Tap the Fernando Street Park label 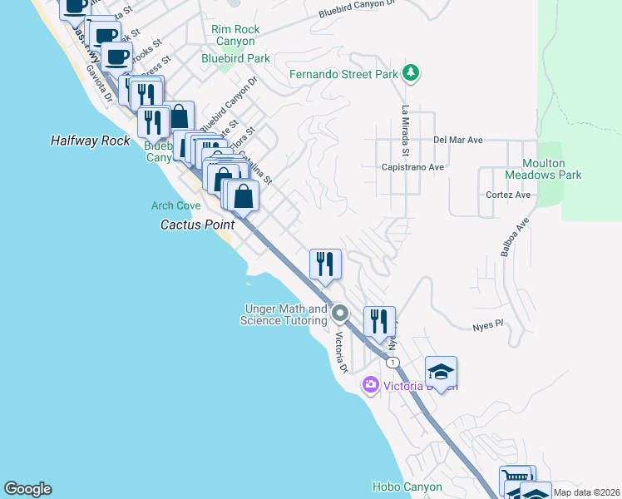tap(344, 74)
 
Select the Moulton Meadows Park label tap(543, 169)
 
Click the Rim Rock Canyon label tap(236, 35)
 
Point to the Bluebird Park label tap(236, 59)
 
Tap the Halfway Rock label tap(91, 141)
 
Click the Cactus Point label tap(194, 225)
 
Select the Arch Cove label tap(175, 205)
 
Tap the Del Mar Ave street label tap(458, 141)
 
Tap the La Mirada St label tap(406, 131)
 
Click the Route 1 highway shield tap(392, 363)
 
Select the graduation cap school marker tap(442, 372)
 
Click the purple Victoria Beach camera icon tap(370, 385)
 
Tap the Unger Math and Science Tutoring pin tap(339, 314)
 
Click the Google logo tap(27, 489)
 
